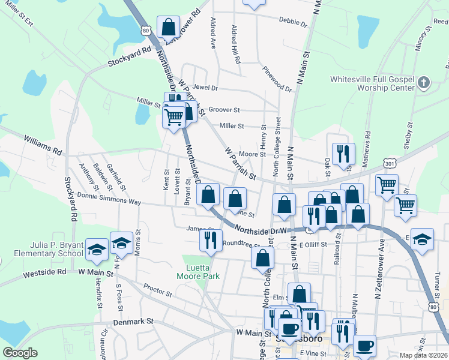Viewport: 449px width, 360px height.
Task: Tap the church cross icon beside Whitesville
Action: [x=424, y=82]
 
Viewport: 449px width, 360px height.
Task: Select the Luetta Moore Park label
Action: [x=198, y=272]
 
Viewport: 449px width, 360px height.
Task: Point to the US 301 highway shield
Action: [x=390, y=163]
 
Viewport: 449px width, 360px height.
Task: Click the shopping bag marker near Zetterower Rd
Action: [x=169, y=27]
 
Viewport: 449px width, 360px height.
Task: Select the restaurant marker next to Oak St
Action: [x=343, y=154]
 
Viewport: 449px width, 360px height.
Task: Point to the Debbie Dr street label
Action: [x=293, y=22]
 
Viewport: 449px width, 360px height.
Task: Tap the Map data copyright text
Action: [x=423, y=355]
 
